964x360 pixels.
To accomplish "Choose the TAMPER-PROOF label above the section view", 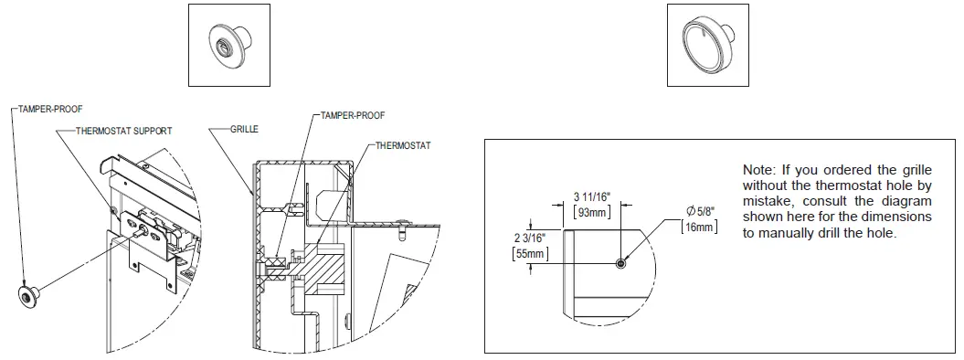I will coord(352,116).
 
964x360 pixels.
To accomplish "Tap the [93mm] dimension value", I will coord(591,212).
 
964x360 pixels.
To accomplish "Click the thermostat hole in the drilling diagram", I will coord(620,263).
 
